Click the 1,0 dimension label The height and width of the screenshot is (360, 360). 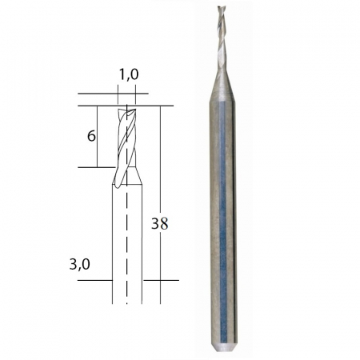point(127,74)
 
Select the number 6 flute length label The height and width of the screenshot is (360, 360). point(92,136)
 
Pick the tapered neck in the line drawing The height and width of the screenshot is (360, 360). point(126,178)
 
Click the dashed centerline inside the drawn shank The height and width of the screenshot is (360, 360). point(126,240)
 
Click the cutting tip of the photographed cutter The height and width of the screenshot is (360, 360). point(221,10)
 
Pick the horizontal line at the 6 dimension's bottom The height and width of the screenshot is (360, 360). point(100,167)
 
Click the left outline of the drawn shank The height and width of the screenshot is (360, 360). point(110,240)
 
